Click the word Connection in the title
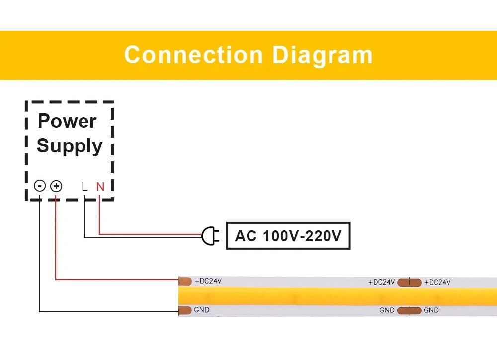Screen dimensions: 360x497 (193, 55)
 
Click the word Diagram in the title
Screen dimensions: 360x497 (323, 55)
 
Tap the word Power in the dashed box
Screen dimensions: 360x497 (67, 121)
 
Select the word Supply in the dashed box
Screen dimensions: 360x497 (70, 146)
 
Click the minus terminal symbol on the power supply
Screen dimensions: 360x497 (40, 186)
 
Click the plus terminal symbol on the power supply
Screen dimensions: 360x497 (56, 186)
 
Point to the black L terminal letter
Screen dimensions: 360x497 (84, 187)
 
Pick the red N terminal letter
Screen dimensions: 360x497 (100, 187)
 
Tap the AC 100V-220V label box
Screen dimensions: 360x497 (288, 236)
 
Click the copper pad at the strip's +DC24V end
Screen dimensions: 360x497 (185, 281)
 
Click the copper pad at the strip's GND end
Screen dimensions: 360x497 (185, 311)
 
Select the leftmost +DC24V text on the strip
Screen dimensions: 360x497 (208, 281)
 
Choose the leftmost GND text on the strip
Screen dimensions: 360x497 (202, 310)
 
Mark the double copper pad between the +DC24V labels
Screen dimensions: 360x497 (409, 282)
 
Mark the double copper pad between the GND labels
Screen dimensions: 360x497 (409, 310)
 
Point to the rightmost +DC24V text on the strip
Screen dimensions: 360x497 (437, 282)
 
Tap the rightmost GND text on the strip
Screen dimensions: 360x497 (431, 310)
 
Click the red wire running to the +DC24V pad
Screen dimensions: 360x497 (114, 280)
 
